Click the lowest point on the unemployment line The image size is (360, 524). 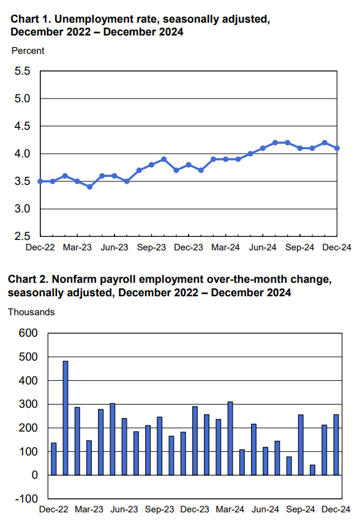tap(89, 187)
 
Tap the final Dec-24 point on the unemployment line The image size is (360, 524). tap(337, 148)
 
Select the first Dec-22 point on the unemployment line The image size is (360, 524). tap(40, 181)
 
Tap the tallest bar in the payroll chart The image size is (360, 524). tap(66, 418)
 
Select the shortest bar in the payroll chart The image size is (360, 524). tap(312, 470)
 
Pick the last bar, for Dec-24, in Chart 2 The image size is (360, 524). tap(336, 445)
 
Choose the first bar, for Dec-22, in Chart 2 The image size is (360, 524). tap(53, 459)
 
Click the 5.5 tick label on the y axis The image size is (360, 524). tap(22, 71)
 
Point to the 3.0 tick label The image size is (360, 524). tap(22, 209)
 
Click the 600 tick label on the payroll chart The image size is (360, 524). tap(28, 333)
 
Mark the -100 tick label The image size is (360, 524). tap(26, 499)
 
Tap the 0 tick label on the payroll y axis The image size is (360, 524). tap(35, 475)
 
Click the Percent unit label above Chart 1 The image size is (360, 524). tap(28, 51)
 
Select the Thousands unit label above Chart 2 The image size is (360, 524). tap(31, 312)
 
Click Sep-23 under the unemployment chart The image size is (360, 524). tap(151, 247)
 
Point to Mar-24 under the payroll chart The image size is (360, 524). tap(230, 509)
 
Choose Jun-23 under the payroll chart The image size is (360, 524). tap(124, 509)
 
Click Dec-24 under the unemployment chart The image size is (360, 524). tap(337, 247)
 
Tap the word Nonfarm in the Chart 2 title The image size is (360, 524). tap(72, 279)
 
